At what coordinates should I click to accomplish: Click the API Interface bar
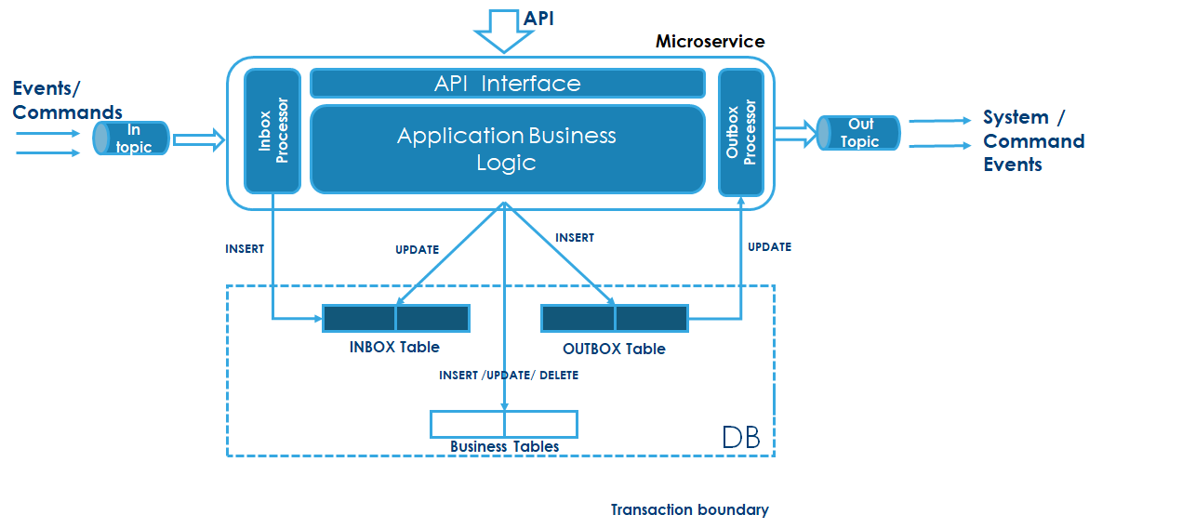pos(507,84)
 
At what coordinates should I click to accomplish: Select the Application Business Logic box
pos(507,149)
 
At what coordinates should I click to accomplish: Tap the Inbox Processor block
pos(272,131)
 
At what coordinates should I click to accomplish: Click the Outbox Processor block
pos(741,132)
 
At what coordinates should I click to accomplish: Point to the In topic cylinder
pos(131,139)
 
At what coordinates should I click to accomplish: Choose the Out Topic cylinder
pos(859,132)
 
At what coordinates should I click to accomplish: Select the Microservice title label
pos(710,41)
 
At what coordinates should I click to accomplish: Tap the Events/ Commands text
pos(67,100)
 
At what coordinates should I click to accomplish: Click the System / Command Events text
pos(1033,141)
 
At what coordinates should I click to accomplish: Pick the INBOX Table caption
pos(394,347)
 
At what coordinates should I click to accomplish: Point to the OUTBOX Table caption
pos(614,349)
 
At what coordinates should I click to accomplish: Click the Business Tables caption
pos(504,446)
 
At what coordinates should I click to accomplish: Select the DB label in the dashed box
pos(740,437)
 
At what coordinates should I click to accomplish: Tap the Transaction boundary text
pos(689,509)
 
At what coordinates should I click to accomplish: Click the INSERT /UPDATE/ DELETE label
pos(509,375)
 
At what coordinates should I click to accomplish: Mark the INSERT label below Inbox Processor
pos(245,248)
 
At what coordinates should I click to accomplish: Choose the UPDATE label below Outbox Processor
pos(769,246)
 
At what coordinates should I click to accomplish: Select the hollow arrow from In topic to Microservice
pos(199,140)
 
